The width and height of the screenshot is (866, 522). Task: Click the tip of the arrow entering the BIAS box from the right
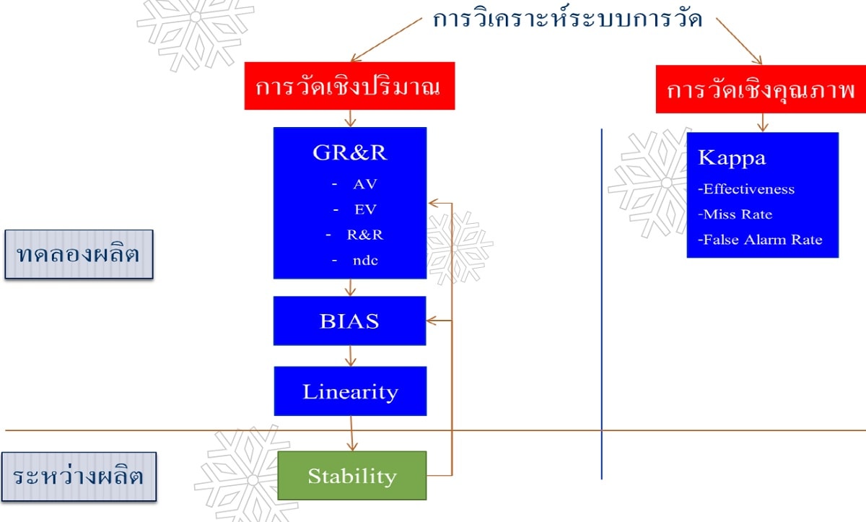[x=427, y=321]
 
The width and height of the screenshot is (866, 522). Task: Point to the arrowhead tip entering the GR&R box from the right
[x=429, y=203]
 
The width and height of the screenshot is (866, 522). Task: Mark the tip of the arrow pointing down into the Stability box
[x=352, y=451]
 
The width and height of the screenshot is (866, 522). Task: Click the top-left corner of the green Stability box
[x=278, y=451]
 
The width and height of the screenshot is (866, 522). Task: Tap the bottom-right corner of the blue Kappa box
[x=839, y=257]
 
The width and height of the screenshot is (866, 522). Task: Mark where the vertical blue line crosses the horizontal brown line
[x=602, y=430]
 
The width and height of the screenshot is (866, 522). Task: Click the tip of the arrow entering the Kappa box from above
[x=763, y=132]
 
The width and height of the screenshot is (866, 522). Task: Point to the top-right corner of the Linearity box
[x=427, y=367]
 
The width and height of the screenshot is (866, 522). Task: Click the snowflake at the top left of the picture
[x=196, y=34]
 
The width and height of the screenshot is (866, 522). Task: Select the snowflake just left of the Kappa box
[x=649, y=183]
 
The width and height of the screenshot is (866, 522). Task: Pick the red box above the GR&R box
[x=349, y=86]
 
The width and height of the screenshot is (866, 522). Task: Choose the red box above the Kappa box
[x=761, y=90]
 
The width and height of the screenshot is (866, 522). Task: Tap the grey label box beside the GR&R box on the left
[x=79, y=254]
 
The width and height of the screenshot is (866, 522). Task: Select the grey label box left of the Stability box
[x=79, y=477]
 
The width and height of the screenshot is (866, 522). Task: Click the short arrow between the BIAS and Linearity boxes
[x=350, y=356]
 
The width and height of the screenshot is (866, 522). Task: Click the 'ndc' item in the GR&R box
[x=365, y=261]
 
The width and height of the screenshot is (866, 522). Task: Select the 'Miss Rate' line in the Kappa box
[x=735, y=214]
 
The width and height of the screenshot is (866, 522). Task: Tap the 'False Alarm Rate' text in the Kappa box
[x=760, y=240]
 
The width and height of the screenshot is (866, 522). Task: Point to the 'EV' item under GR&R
[x=365, y=209]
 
